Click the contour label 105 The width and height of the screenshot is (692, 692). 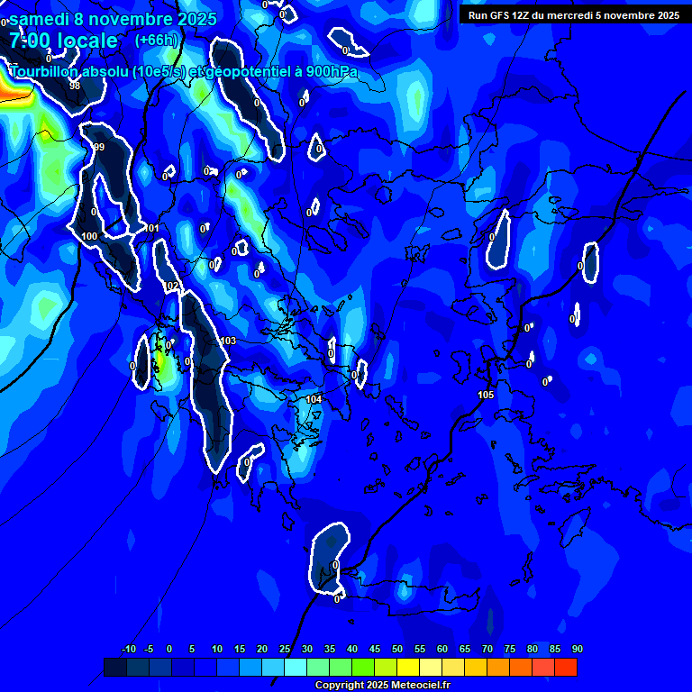[486, 395]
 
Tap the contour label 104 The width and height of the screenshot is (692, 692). [314, 398]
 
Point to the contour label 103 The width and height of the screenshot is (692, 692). [228, 341]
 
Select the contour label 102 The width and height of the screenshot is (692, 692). [172, 286]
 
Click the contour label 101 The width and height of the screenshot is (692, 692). [151, 228]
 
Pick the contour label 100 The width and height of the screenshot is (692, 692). [89, 236]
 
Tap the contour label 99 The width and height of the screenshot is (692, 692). [99, 147]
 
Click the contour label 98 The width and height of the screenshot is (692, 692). [75, 86]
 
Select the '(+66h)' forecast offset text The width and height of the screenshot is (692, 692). [156, 40]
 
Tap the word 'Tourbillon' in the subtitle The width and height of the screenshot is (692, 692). [46, 71]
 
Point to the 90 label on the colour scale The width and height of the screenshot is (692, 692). [577, 649]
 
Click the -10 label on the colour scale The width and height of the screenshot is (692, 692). [128, 649]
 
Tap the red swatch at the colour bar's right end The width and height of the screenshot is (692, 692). [565, 667]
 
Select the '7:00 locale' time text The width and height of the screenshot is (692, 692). [63, 41]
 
